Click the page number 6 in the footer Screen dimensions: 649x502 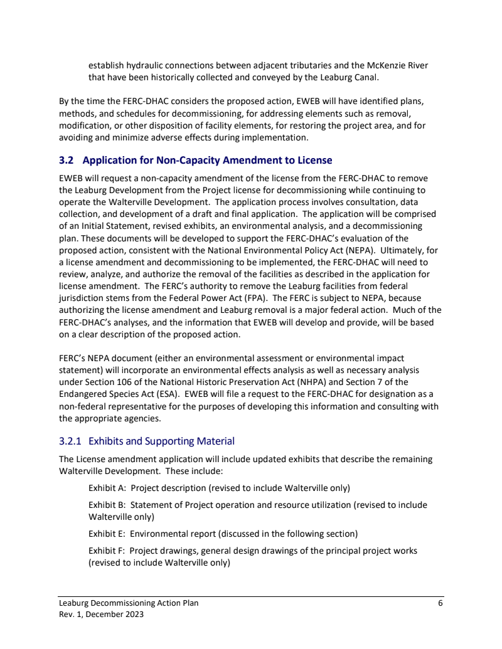tap(441, 603)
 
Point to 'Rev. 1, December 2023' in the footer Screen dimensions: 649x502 tap(101, 615)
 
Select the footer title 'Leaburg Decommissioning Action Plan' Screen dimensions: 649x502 tap(129, 603)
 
